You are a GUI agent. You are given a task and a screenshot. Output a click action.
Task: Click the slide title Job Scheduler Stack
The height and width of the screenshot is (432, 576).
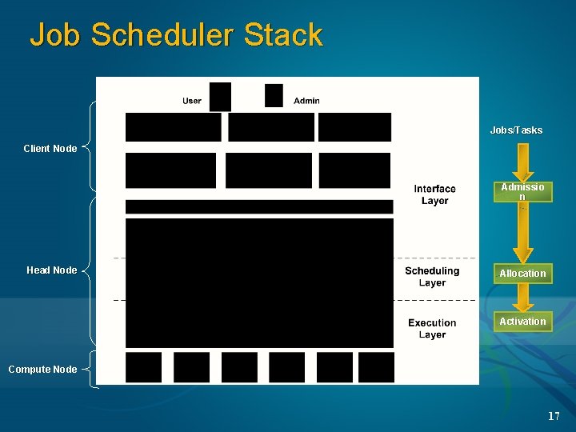coord(176,35)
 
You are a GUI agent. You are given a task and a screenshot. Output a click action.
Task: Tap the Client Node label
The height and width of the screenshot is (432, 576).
coord(50,149)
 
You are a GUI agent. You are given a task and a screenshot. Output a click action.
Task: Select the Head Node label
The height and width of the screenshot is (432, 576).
coord(52,270)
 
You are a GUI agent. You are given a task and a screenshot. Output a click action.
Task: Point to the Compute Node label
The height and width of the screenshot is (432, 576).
coord(42,370)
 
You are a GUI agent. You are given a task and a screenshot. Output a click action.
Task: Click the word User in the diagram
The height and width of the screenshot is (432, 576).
coord(192,101)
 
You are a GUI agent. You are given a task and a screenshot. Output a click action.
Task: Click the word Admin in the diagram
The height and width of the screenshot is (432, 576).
coord(306,101)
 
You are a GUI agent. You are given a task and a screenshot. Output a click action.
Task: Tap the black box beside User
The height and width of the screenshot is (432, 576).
coord(220,96)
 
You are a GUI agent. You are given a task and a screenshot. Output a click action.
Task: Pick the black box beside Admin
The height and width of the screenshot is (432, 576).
coord(274,95)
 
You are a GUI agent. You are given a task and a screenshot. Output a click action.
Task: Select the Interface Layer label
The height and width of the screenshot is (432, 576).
coord(434,194)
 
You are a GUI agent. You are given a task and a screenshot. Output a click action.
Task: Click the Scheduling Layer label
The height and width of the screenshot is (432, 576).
coord(432,277)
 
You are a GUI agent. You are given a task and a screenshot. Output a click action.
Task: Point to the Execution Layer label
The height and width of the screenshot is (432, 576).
coord(432,329)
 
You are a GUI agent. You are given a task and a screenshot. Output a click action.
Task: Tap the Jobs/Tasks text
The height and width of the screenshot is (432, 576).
coord(516,130)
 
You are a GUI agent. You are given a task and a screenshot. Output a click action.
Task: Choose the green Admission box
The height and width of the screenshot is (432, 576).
coord(522,192)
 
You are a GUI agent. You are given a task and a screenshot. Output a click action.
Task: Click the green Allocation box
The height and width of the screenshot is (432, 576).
coord(522,274)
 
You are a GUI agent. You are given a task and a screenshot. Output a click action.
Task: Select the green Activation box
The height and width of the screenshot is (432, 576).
coord(522,322)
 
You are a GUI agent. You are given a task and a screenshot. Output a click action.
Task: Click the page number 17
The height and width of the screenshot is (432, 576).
coord(554,416)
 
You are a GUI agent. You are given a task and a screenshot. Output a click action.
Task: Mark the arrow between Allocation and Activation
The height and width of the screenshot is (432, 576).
coord(522,298)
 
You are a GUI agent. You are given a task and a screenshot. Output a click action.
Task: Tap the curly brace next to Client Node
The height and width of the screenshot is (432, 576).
coord(88,147)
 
